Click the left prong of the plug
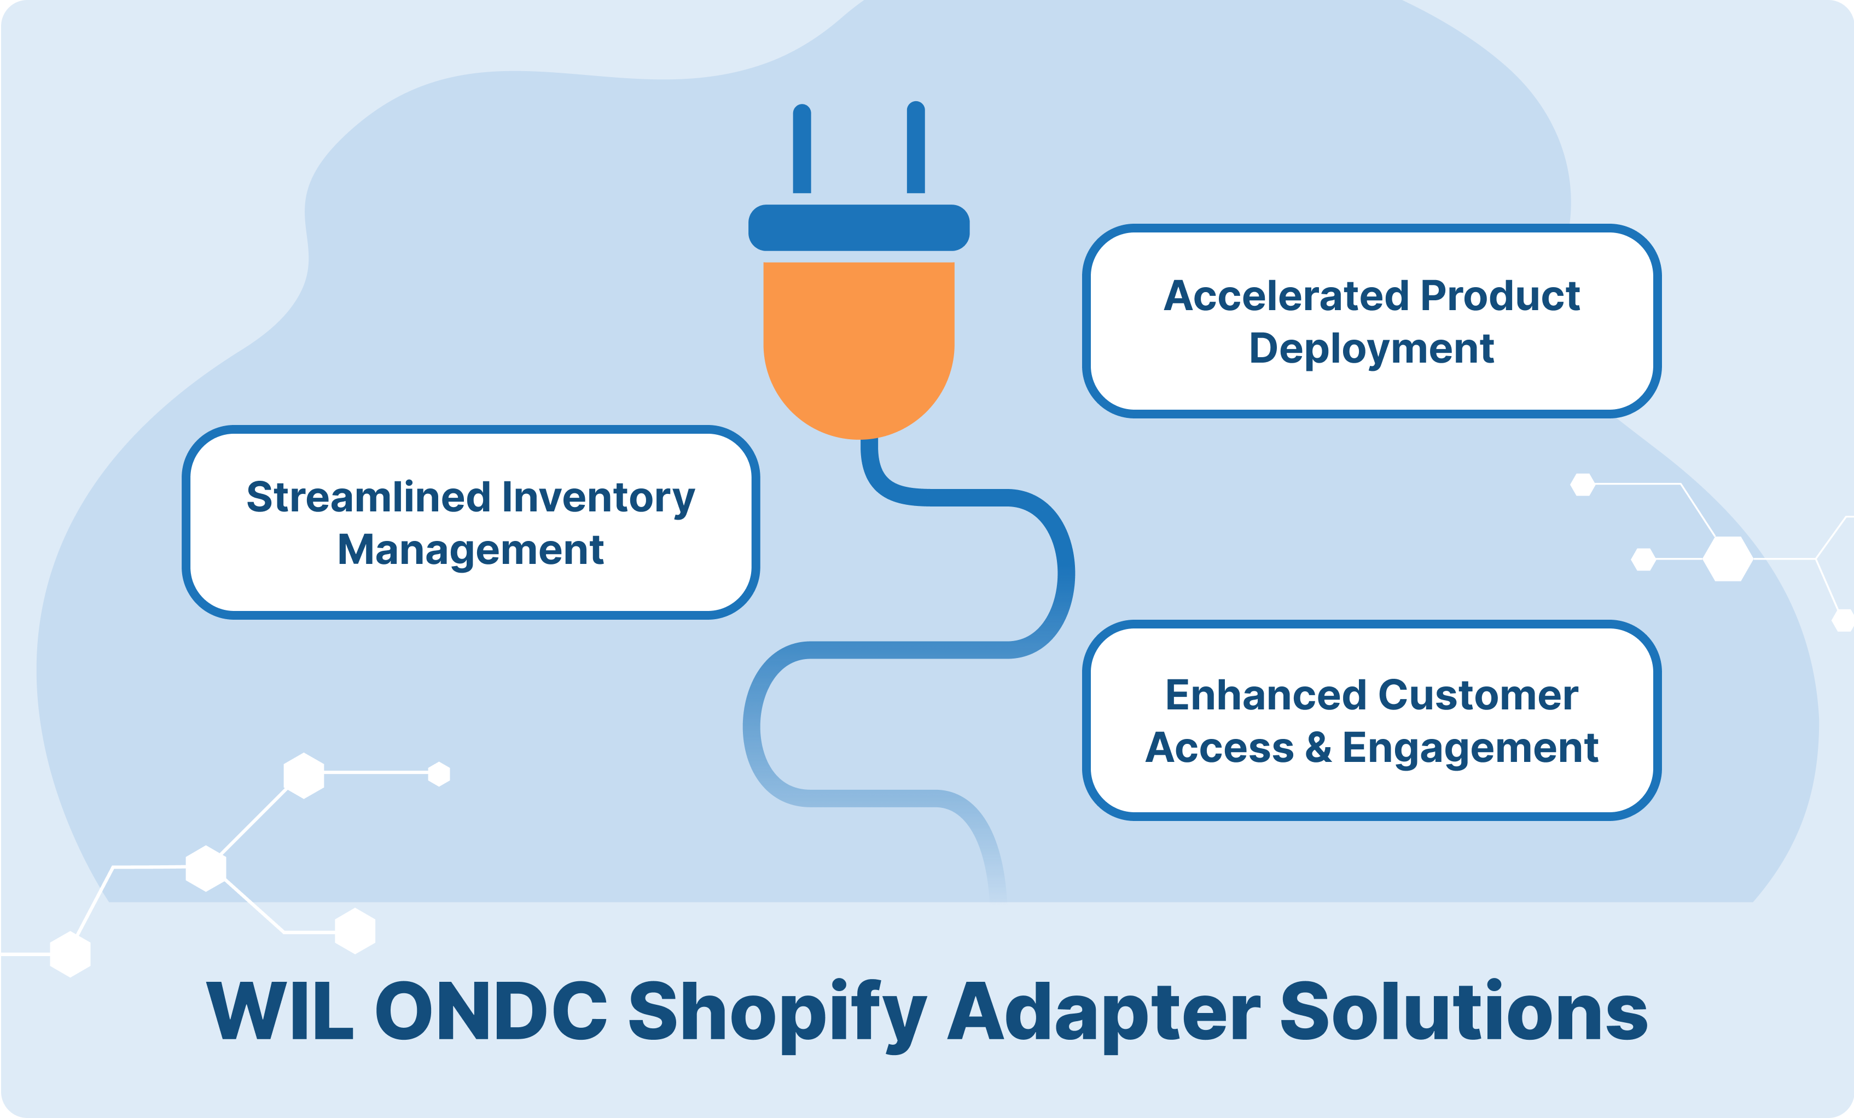802,148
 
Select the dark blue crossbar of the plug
858,227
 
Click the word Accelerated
1286,296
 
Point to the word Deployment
1371,349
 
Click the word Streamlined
369,497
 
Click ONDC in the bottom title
491,1010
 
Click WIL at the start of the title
280,1010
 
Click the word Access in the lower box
1219,748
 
